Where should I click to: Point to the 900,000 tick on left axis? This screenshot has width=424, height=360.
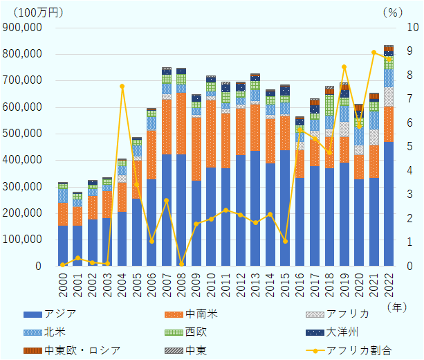pos(24,27)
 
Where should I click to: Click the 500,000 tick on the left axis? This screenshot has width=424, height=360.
pos(24,134)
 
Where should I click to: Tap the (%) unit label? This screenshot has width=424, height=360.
pos(392,12)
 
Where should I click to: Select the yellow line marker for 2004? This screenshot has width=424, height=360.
pos(122,87)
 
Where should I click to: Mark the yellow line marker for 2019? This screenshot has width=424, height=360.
pos(344,66)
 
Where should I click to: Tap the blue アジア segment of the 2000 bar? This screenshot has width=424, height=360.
pos(62,246)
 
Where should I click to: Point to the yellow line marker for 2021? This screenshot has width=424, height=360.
pos(374,52)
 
